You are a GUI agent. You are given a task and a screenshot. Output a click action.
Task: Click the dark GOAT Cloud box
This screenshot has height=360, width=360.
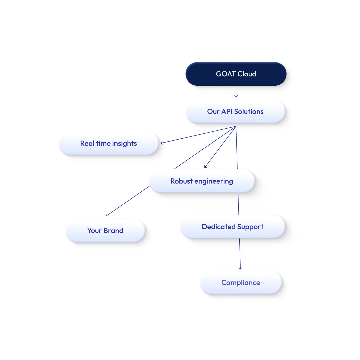pyautogui.click(x=236, y=74)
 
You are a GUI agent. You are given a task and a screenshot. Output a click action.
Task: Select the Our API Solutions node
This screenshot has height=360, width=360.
pyautogui.click(x=235, y=112)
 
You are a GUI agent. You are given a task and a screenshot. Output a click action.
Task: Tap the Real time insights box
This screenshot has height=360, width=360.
pyautogui.click(x=109, y=143)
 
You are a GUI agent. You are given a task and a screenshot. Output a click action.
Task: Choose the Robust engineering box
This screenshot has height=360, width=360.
pyautogui.click(x=202, y=181)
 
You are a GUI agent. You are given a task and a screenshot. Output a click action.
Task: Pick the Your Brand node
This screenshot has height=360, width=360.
pyautogui.click(x=105, y=231)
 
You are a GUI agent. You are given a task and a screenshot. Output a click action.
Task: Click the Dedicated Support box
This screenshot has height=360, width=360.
pyautogui.click(x=233, y=227)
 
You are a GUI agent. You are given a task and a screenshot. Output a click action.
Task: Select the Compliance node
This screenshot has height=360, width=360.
pyautogui.click(x=241, y=283)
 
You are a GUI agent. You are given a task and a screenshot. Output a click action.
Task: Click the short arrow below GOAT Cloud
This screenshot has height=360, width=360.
pyautogui.click(x=236, y=94)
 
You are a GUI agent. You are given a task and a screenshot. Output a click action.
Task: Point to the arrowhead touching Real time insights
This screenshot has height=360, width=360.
pyautogui.click(x=162, y=143)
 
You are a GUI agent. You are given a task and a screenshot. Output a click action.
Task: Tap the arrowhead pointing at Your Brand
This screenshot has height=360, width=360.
pyautogui.click(x=108, y=215)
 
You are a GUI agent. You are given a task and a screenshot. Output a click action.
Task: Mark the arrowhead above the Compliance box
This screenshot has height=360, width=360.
pyautogui.click(x=240, y=268)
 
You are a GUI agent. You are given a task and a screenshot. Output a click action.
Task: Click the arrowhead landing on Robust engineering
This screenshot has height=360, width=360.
pyautogui.click(x=205, y=166)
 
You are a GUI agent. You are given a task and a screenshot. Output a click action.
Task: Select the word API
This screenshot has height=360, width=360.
pyautogui.click(x=227, y=112)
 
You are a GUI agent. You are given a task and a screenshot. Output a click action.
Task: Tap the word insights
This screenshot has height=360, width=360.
pyautogui.click(x=124, y=143)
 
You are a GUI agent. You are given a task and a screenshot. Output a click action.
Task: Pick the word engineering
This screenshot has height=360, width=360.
pyautogui.click(x=214, y=181)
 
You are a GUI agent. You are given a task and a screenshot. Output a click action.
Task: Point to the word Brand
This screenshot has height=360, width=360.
pyautogui.click(x=113, y=231)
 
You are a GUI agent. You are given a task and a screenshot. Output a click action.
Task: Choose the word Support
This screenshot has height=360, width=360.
pyautogui.click(x=250, y=227)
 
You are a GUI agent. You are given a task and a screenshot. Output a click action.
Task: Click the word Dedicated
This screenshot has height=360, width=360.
pyautogui.click(x=219, y=227)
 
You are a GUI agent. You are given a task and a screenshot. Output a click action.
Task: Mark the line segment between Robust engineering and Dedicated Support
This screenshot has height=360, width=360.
pyautogui.click(x=238, y=204)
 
